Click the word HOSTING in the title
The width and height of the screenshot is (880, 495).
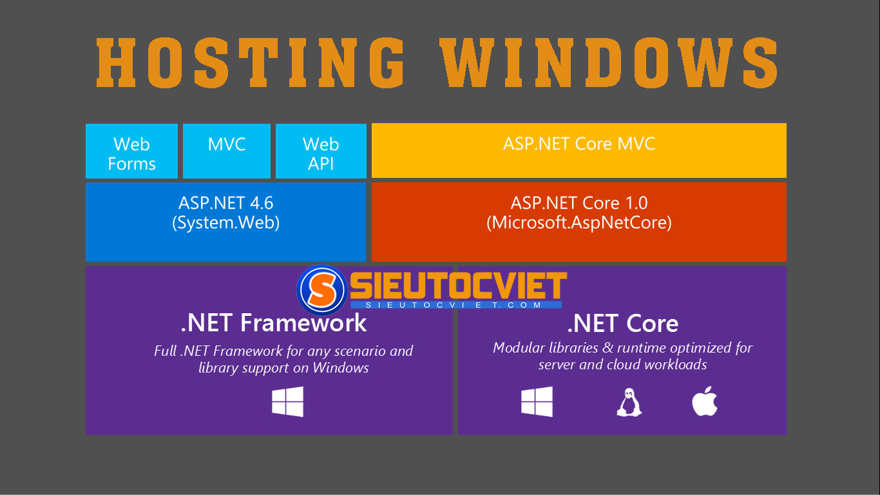(x=250, y=63)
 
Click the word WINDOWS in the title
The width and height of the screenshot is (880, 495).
(x=611, y=63)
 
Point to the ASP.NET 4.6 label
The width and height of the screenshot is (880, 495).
(x=225, y=203)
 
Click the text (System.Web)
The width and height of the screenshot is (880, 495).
(x=225, y=223)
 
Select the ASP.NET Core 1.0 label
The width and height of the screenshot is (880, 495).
(x=579, y=203)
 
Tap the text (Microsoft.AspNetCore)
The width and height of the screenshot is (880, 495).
(x=579, y=223)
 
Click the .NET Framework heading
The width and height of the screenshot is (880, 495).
(x=274, y=323)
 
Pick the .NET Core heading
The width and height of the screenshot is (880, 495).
(x=622, y=323)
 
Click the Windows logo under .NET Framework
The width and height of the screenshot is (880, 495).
(x=287, y=402)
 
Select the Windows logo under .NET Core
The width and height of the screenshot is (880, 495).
(x=537, y=402)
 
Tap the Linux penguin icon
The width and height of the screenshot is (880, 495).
(x=629, y=402)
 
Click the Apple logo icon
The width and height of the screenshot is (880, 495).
(x=704, y=402)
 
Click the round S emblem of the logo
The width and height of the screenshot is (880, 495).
(x=322, y=290)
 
